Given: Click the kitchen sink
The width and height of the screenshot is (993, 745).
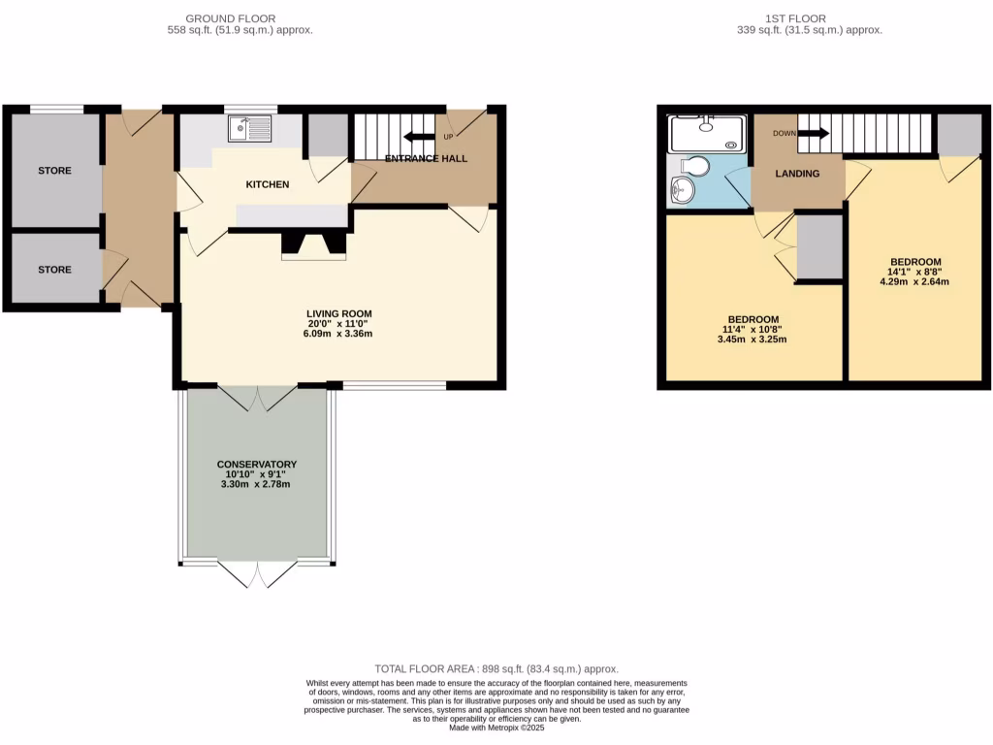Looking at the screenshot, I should [x=251, y=130].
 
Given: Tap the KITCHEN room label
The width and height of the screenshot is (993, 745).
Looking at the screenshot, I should [x=268, y=184].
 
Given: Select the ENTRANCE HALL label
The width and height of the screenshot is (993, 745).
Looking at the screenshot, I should [x=427, y=159].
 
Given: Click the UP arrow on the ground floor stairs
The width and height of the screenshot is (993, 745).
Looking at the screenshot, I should [x=420, y=137].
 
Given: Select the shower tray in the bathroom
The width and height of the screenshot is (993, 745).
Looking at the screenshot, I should [x=709, y=134].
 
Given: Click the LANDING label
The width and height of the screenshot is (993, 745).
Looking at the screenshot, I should [x=798, y=174].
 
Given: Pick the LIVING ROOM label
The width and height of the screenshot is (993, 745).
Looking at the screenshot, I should [x=339, y=313].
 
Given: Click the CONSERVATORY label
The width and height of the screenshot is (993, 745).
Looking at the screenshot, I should [x=257, y=465].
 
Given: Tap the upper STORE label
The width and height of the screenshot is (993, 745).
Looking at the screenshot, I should [x=54, y=171].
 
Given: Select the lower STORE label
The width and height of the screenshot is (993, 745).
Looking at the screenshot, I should [x=54, y=270].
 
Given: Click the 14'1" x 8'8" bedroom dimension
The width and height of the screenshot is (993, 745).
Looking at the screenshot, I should [x=915, y=273].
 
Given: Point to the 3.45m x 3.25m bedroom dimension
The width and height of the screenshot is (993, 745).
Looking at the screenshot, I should [x=753, y=340].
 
